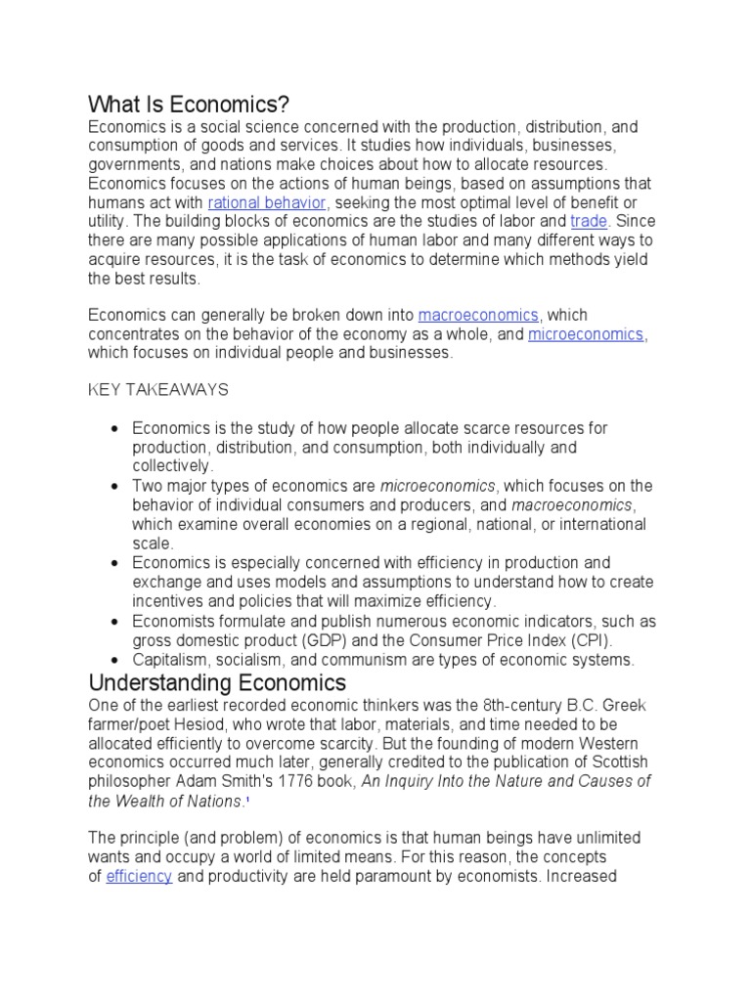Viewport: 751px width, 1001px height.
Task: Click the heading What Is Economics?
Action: pos(190,104)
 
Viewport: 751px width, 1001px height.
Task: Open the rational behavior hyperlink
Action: pos(266,202)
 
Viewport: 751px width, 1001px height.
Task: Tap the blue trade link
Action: pos(589,221)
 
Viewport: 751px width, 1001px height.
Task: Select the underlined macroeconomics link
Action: pos(478,315)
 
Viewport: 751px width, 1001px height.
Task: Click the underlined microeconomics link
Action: pos(586,334)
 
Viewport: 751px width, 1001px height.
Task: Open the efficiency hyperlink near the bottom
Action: pos(139,877)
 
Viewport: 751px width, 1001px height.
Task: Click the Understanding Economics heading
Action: pos(217,682)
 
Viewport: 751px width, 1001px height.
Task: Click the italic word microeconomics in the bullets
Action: pos(438,487)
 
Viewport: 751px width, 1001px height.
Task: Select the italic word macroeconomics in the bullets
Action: pos(572,505)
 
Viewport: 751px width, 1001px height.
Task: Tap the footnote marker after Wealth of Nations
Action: pos(247,800)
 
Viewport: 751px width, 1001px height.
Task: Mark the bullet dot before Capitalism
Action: pos(115,661)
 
